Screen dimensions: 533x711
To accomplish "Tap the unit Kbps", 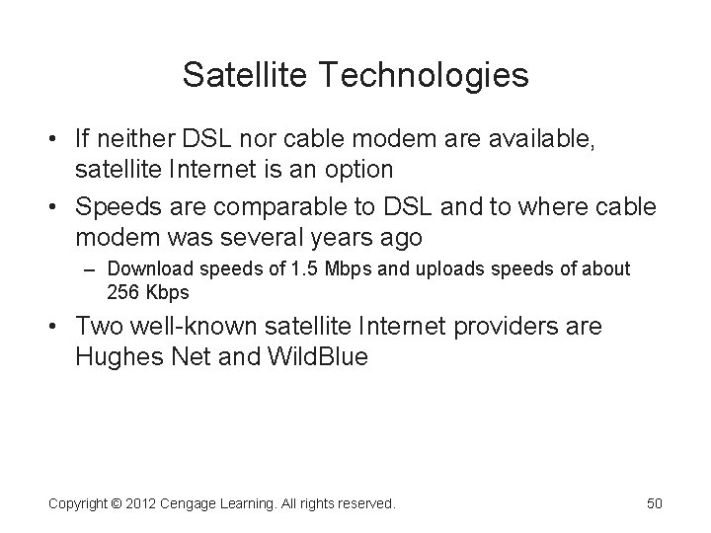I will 169,293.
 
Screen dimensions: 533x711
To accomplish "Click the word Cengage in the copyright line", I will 200,504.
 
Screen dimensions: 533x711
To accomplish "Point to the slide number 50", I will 654,504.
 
